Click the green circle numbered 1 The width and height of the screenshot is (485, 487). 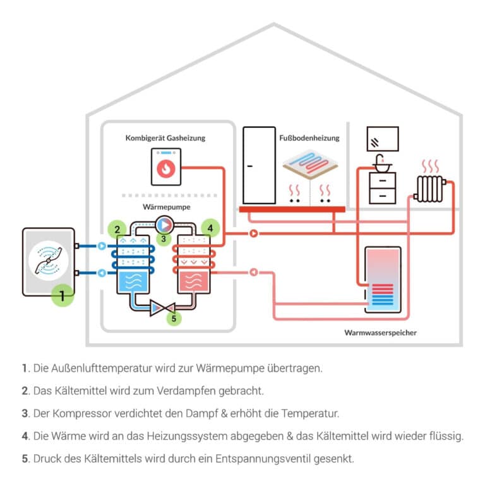[x=62, y=295]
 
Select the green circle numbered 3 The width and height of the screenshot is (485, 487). [x=163, y=238]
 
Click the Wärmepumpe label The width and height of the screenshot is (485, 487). [x=166, y=206]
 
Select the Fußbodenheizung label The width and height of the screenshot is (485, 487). [x=309, y=137]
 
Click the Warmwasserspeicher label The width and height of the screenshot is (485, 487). [x=380, y=332]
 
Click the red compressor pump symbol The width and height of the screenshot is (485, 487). [x=164, y=224]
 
